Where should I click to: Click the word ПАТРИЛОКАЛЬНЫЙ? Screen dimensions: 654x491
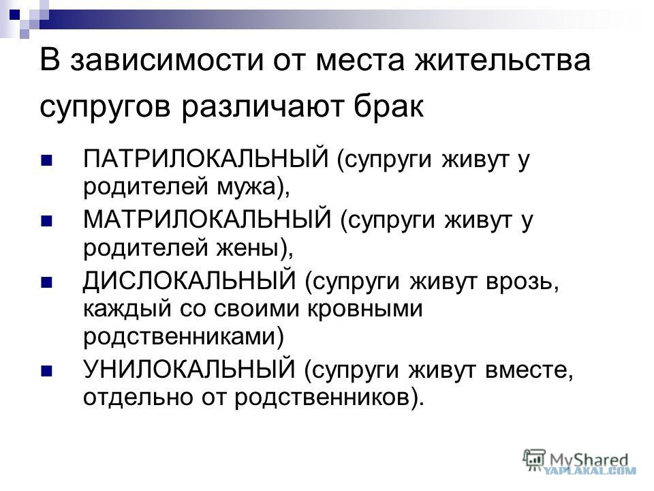(206, 158)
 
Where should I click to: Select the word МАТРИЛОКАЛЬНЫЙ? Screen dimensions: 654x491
(207, 220)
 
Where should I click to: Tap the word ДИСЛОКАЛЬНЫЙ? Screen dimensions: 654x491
(189, 280)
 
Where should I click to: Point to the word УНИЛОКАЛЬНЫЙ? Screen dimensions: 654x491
(189, 369)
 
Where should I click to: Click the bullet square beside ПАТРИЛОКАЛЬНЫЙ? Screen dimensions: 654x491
(46, 160)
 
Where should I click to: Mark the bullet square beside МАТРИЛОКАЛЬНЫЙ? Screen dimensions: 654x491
(46, 220)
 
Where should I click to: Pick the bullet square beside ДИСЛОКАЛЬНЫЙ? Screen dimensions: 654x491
(46, 282)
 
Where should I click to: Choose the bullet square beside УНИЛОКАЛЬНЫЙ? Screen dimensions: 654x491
(46, 370)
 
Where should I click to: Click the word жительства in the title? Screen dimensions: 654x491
(503, 60)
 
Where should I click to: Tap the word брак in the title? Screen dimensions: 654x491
(389, 106)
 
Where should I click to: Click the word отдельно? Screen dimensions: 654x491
(138, 397)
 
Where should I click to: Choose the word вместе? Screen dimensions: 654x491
(525, 370)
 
